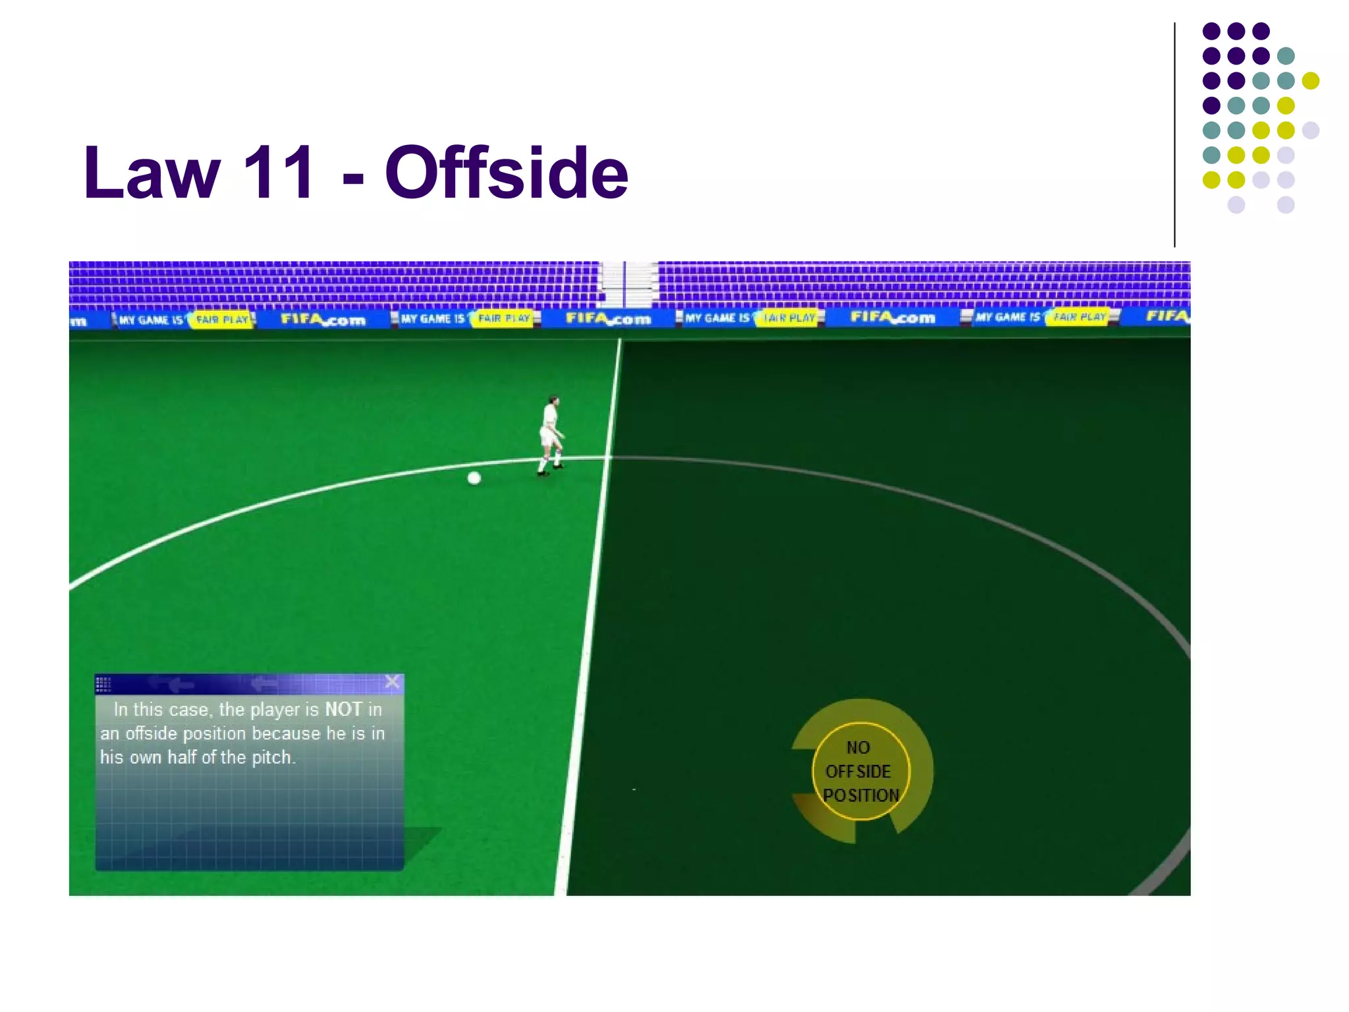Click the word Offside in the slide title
[x=507, y=173]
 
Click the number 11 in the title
[x=279, y=173]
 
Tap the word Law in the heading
[x=151, y=173]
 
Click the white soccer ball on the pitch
[x=474, y=478]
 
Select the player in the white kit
[x=551, y=435]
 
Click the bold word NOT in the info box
[x=343, y=710]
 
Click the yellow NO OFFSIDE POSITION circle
[x=861, y=771]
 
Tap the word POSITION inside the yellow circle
[x=861, y=796]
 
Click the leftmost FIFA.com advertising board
[x=323, y=320]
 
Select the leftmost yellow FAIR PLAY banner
[x=221, y=320]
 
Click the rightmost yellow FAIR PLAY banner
[x=1079, y=317]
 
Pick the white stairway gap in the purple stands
[x=628, y=283]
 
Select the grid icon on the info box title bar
[x=103, y=685]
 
